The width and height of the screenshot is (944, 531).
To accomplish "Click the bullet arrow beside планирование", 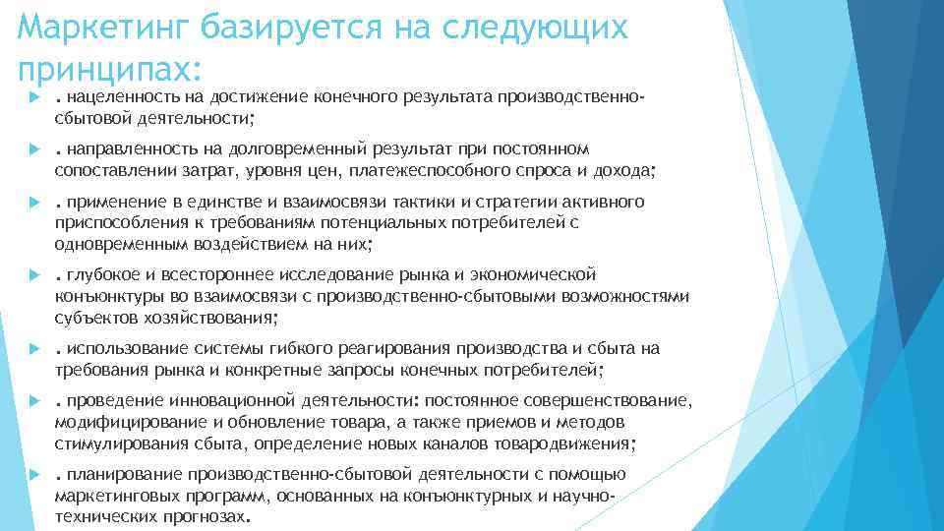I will click(33, 475).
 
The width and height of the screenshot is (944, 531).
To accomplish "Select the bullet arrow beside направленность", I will click(33, 149).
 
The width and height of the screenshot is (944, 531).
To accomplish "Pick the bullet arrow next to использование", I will click(33, 349).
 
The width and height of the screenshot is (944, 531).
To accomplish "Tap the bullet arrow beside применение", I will click(33, 203).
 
